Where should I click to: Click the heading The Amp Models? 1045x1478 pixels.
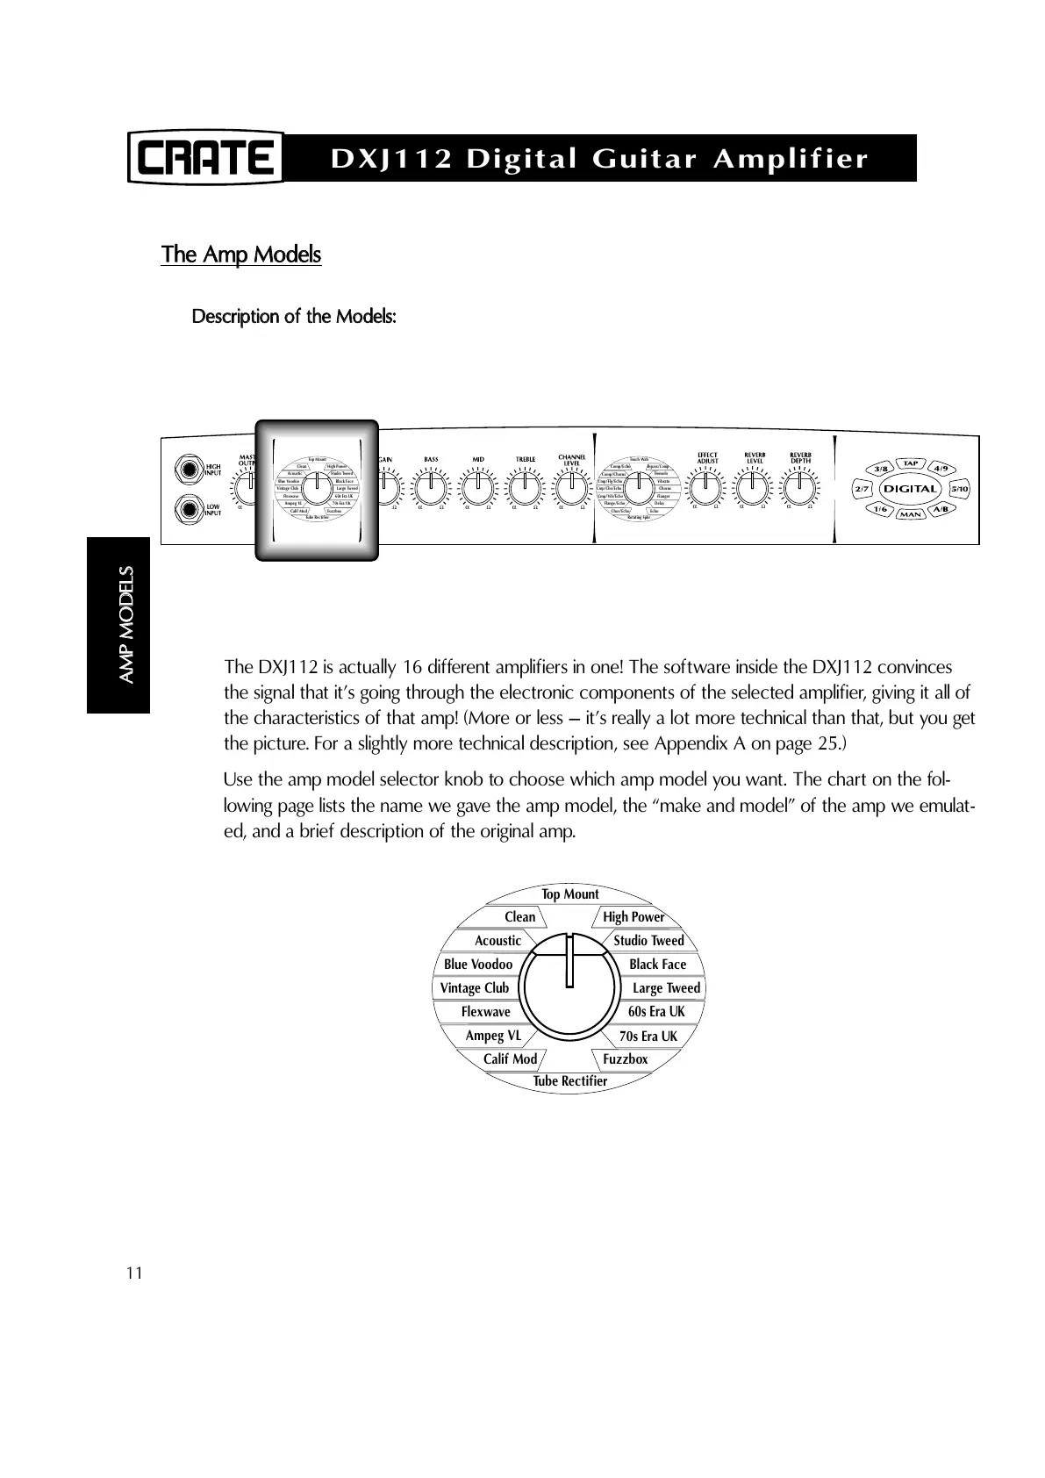coord(241,255)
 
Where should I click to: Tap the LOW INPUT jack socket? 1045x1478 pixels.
coord(186,508)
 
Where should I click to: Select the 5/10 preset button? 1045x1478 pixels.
coord(959,488)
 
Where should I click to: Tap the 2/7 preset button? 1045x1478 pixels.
coord(862,488)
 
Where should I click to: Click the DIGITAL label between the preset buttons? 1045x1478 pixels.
coord(910,488)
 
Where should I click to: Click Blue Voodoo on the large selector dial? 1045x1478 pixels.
coord(478,965)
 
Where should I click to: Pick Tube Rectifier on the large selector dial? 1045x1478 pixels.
coord(570,1081)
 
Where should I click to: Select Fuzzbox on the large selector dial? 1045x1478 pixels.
coord(626,1059)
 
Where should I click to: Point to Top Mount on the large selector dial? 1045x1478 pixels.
coord(570,894)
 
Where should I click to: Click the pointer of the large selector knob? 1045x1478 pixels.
coord(570,961)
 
